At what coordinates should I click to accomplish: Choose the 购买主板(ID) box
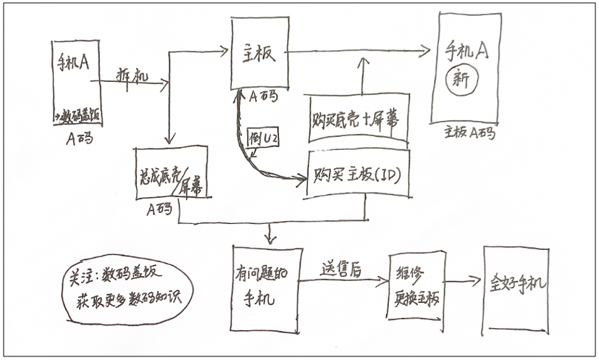(x=359, y=174)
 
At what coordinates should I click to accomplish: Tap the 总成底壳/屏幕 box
(x=171, y=172)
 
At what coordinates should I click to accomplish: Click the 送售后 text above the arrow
(x=341, y=267)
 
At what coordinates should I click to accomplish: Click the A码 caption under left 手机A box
(x=75, y=135)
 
